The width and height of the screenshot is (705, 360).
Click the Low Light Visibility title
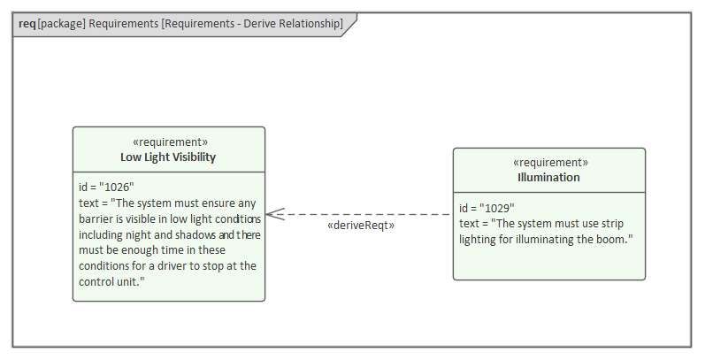click(x=168, y=157)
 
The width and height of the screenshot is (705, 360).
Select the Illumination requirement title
click(x=548, y=178)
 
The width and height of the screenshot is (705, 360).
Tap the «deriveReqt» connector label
click(x=360, y=226)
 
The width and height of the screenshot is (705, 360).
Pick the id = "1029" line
click(x=487, y=208)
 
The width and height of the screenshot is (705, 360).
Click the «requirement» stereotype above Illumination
click(x=549, y=163)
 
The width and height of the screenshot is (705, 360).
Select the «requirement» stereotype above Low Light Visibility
click(x=168, y=142)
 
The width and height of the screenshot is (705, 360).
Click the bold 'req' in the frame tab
click(x=27, y=24)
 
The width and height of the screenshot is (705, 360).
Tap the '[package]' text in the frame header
click(x=61, y=24)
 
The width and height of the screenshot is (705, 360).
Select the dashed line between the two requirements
click(x=372, y=214)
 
